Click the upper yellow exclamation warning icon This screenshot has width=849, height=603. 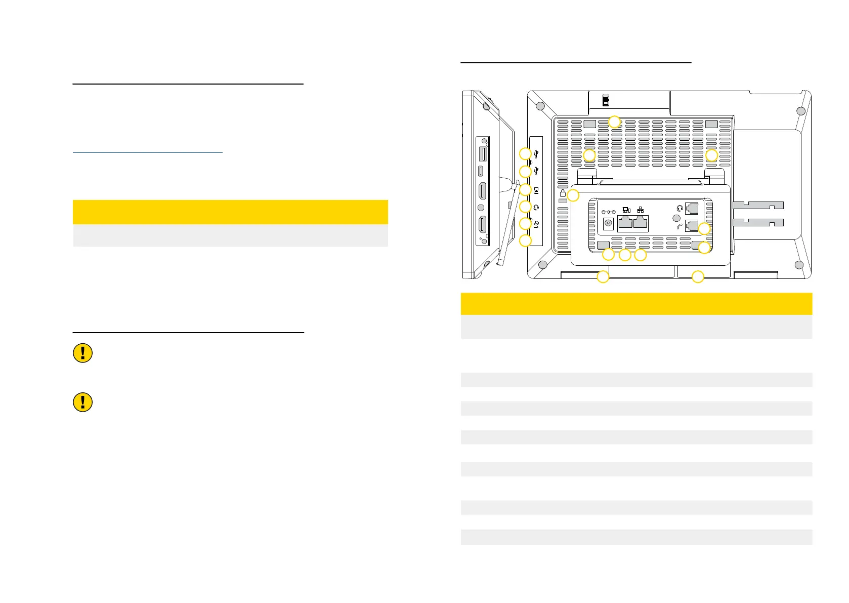[x=83, y=353]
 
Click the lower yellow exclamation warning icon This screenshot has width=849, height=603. [x=83, y=402]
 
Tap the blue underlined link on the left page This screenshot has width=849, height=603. [x=147, y=151]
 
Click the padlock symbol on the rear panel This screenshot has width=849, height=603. [x=563, y=193]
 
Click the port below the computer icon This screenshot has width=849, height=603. [x=625, y=223]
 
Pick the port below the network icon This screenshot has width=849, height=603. [x=641, y=223]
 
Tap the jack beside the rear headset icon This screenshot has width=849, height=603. [x=692, y=208]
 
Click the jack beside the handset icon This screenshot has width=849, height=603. [x=692, y=226]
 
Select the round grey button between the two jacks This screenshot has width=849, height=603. [x=676, y=218]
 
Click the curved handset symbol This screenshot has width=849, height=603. [x=679, y=227]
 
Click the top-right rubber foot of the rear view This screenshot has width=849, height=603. [x=800, y=111]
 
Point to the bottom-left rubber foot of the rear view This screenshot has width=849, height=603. [x=542, y=265]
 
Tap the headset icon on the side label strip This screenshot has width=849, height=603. [x=536, y=207]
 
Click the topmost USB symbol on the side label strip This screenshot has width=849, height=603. [x=536, y=153]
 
